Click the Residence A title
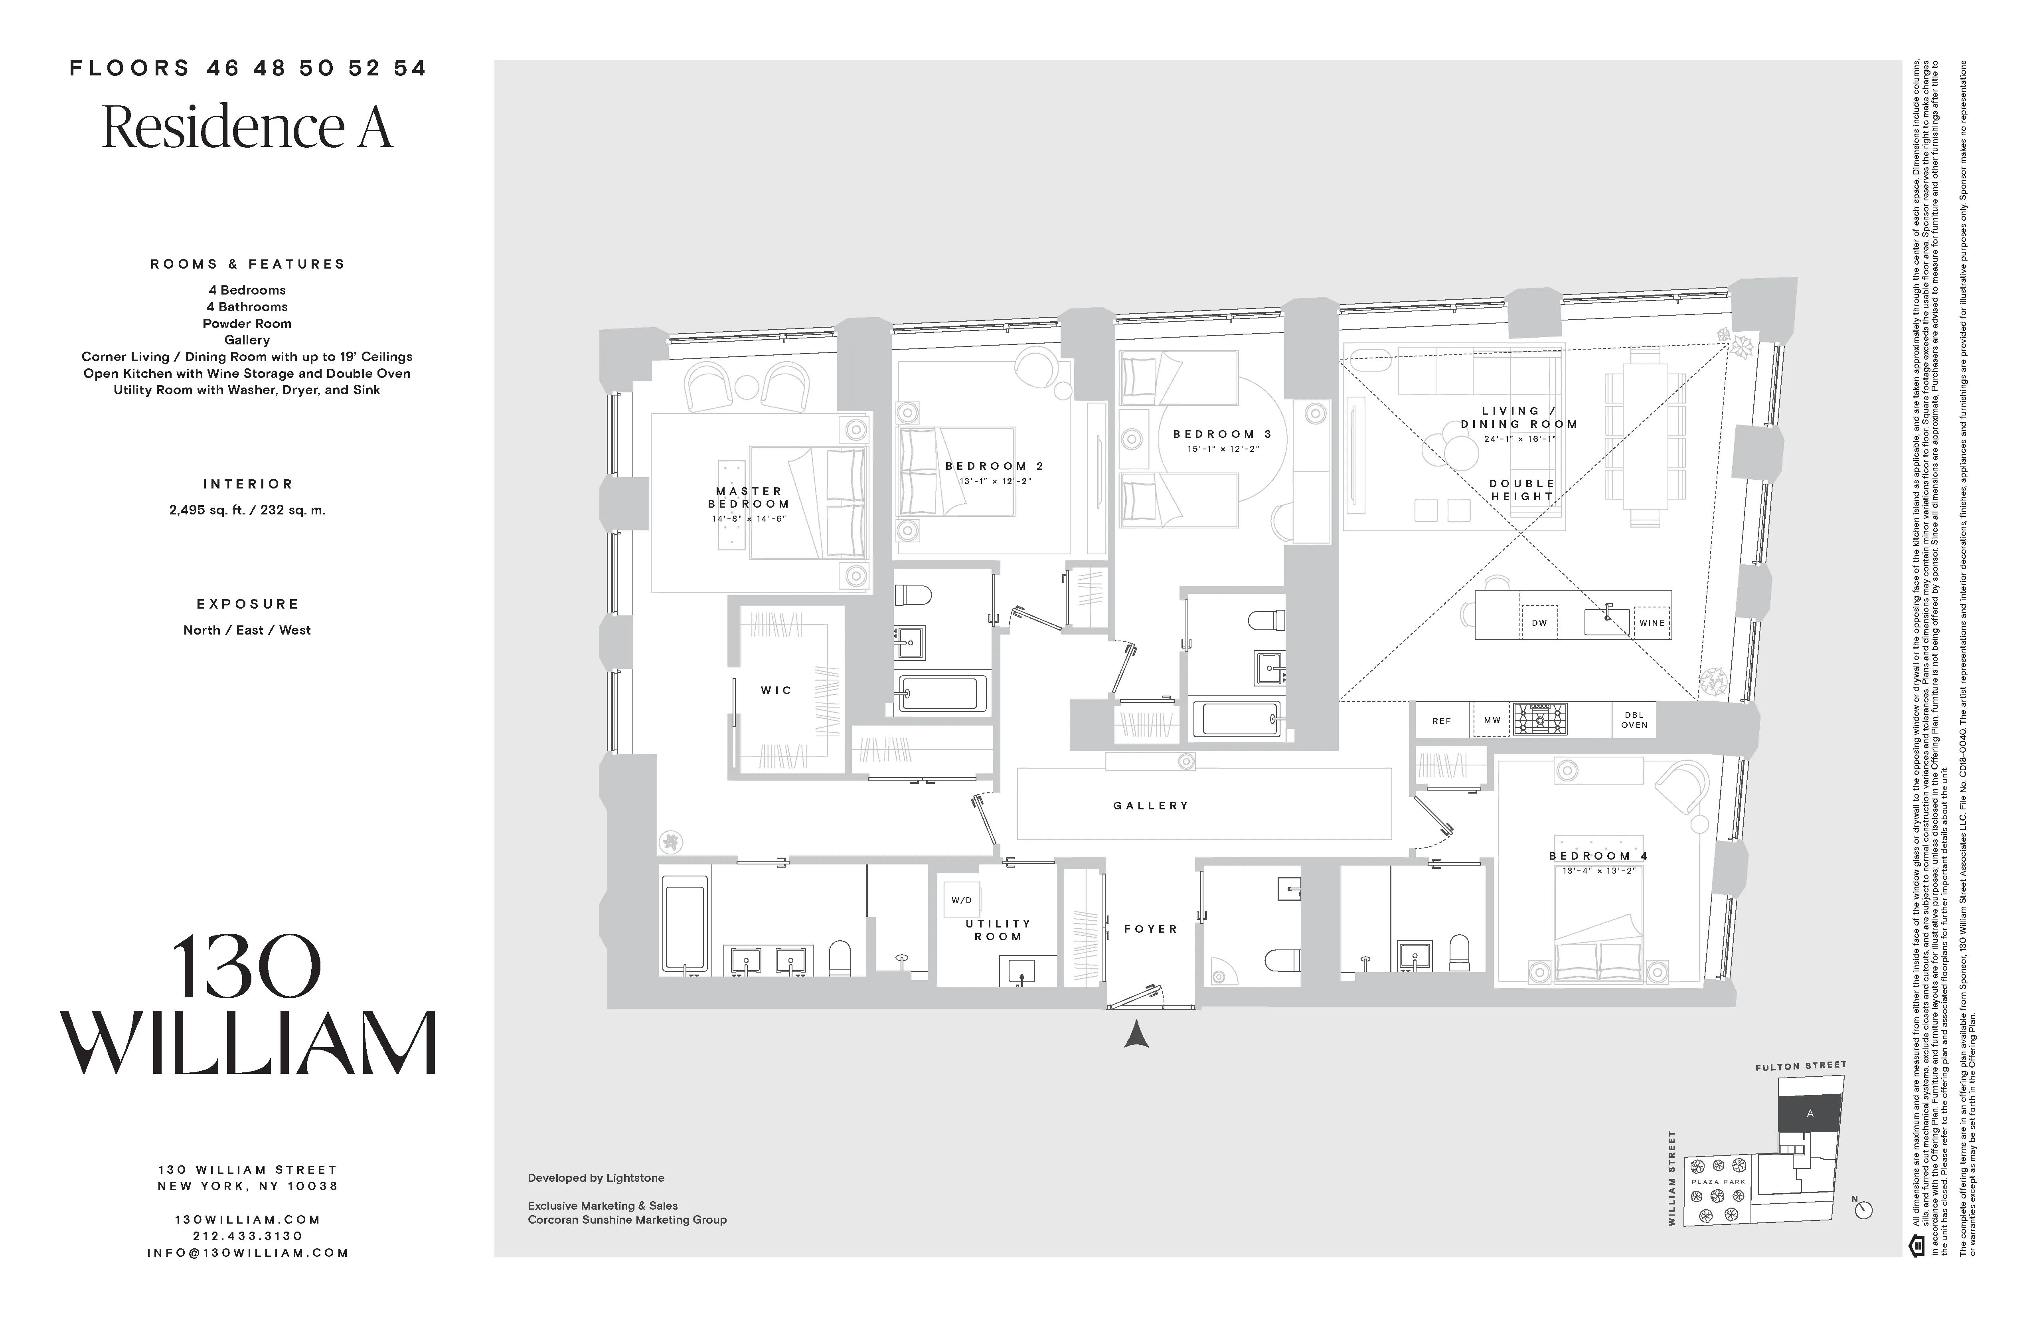247,127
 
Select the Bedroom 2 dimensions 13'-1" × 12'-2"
994,481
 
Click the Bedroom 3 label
1222,435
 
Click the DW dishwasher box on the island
1539,623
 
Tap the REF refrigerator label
1442,721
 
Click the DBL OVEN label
1634,720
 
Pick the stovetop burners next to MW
1540,719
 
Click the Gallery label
1151,806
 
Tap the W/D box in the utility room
961,900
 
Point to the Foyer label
1151,929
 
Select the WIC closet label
776,690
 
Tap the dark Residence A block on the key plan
1809,1113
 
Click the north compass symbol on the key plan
1864,1209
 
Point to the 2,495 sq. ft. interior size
247,510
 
